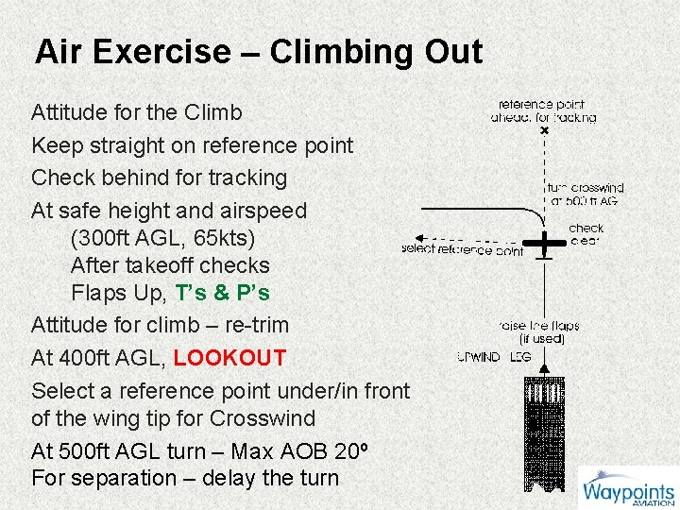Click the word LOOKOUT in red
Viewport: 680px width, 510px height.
(229, 358)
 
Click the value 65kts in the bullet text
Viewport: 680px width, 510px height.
(224, 237)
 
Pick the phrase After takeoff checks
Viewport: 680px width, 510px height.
(170, 265)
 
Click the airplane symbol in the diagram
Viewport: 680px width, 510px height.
(545, 243)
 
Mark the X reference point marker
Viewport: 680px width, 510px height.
(544, 130)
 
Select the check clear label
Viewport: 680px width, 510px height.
(586, 234)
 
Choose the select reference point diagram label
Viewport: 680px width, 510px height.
(462, 250)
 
